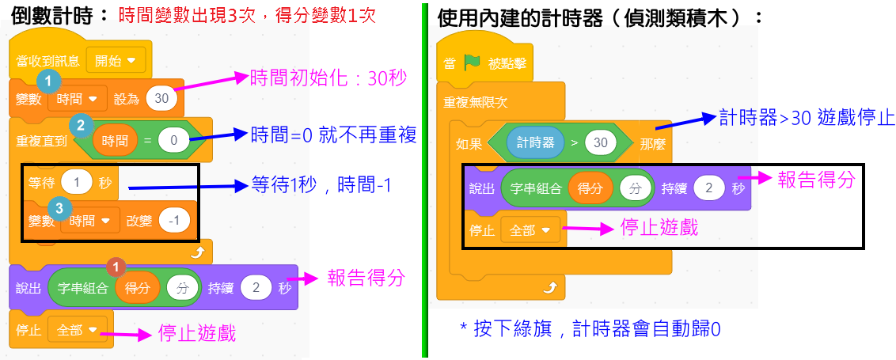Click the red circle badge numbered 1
(116, 267)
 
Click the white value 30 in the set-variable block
(161, 99)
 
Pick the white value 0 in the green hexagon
(174, 141)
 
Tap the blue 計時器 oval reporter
(535, 142)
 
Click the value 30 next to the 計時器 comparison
(601, 142)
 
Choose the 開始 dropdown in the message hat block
(115, 59)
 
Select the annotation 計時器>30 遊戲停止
(807, 119)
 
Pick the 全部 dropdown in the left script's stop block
(75, 329)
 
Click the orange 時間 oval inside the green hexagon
(116, 141)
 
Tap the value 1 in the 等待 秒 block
(77, 182)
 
